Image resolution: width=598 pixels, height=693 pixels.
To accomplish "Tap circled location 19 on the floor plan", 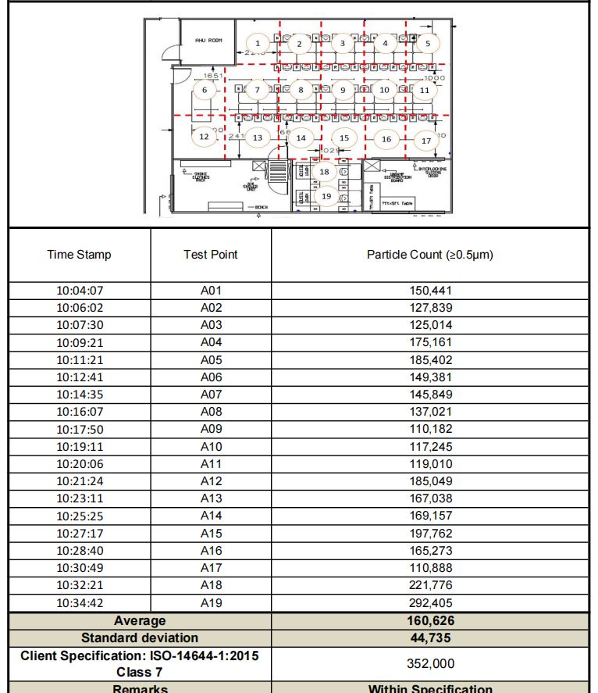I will (326, 196).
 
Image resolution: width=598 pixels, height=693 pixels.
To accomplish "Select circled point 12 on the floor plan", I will (204, 136).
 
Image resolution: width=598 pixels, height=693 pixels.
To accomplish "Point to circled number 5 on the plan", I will (427, 44).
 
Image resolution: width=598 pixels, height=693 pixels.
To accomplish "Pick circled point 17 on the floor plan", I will (426, 141).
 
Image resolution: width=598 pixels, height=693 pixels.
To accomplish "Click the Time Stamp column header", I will (79, 255).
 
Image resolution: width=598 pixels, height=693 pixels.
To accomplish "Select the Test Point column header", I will (212, 255).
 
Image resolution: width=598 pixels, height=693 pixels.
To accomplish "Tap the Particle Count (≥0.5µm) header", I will (430, 255).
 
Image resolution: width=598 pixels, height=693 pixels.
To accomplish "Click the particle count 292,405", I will (431, 602).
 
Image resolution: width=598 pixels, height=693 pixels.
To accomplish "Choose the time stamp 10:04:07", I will (80, 291).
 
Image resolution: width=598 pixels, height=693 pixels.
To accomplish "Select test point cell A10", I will (212, 447).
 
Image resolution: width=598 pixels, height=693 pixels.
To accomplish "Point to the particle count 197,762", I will (431, 534).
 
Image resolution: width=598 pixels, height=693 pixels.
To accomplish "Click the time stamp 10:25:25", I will (80, 516).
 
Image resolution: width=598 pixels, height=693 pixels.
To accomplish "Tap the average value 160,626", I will (431, 620).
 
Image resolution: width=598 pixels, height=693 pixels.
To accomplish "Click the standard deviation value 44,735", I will (431, 638).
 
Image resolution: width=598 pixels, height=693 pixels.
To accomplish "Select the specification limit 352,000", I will (431, 663).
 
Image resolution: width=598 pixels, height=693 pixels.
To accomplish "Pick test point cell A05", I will (212, 360).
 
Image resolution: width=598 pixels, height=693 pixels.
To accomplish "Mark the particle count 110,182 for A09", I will (431, 429).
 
